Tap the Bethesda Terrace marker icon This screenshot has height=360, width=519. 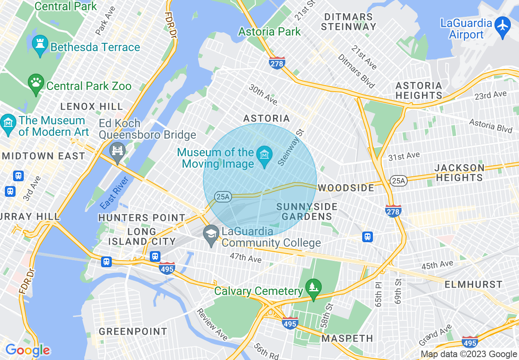[40, 46]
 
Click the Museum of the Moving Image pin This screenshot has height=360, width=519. [264, 156]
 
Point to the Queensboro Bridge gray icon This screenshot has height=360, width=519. [117, 151]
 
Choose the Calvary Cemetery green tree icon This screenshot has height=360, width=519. [314, 288]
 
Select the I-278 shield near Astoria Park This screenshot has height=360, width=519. [277, 63]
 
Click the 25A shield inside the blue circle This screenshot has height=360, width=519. [223, 197]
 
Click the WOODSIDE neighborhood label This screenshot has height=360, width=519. [346, 188]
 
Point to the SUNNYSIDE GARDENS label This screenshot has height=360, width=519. [307, 211]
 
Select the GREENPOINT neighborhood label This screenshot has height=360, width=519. [133, 331]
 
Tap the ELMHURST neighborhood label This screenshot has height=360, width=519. [473, 284]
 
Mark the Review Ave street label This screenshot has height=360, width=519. [212, 324]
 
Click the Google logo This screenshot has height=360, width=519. [27, 350]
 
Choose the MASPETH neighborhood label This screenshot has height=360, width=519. [347, 338]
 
